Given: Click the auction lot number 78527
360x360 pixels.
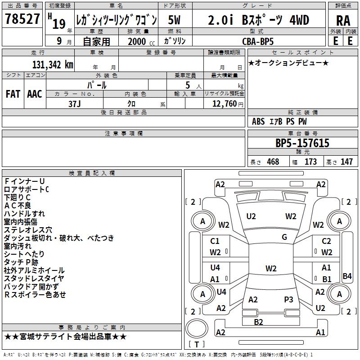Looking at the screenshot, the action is (22, 19).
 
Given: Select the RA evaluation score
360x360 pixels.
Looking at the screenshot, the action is (343, 21).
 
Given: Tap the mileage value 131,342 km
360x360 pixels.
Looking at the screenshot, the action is (53, 64).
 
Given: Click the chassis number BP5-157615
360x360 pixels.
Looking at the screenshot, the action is (302, 144).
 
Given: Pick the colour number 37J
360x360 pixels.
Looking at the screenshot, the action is (75, 103).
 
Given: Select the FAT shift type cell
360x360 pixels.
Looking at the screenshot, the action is (13, 94).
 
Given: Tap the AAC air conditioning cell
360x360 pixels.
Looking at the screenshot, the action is (35, 94).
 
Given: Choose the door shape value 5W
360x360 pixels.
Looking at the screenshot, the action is (175, 20).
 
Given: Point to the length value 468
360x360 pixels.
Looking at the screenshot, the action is (272, 162).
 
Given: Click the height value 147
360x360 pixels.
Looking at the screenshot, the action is (346, 162).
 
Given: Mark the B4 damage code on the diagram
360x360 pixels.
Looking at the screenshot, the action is (347, 276).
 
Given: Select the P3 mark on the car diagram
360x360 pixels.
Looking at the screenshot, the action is (288, 300).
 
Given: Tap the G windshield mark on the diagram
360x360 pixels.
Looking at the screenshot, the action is (284, 237).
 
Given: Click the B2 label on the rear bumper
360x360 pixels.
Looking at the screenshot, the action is (258, 322).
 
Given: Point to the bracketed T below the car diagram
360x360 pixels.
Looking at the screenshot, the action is (196, 345).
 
